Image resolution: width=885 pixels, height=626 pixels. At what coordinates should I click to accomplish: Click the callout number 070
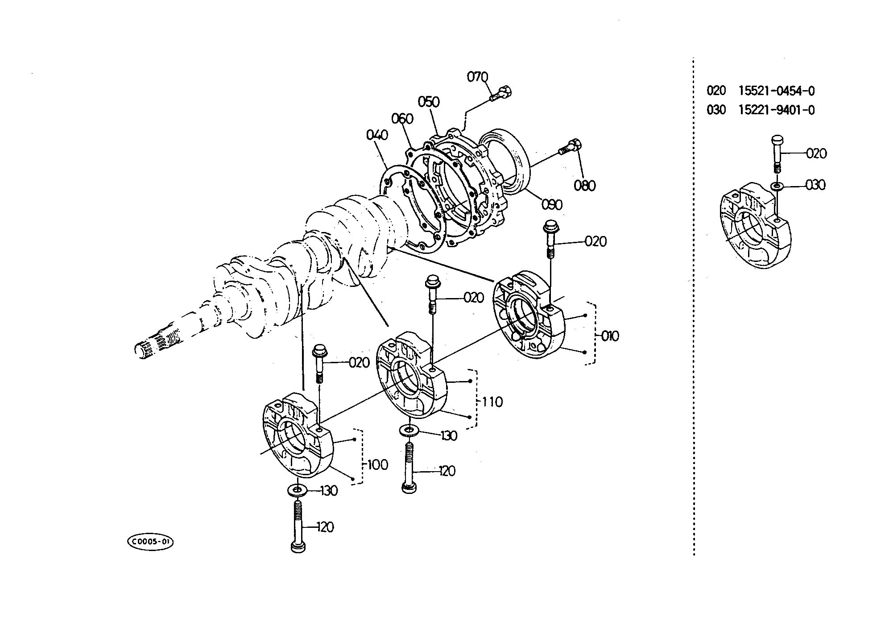pyautogui.click(x=478, y=77)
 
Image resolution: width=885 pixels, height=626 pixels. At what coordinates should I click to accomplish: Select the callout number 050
pyautogui.click(x=429, y=102)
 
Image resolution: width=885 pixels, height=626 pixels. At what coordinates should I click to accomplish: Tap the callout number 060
pyautogui.click(x=402, y=119)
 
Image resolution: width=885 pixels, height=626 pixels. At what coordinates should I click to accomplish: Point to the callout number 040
pyautogui.click(x=377, y=135)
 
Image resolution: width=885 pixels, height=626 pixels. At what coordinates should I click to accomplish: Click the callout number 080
pyautogui.click(x=585, y=185)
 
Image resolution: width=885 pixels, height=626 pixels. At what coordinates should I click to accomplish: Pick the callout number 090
pyautogui.click(x=552, y=204)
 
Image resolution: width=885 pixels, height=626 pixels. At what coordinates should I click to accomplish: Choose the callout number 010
pyautogui.click(x=610, y=336)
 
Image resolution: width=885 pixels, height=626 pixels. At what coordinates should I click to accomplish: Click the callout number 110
pyautogui.click(x=492, y=402)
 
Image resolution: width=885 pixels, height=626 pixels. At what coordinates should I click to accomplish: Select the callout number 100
pyautogui.click(x=378, y=465)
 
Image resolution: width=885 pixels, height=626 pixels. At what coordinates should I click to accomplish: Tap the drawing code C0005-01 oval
pyautogui.click(x=150, y=542)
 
